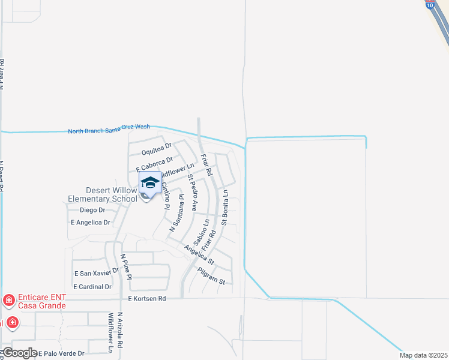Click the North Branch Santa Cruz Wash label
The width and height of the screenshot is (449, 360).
[x=109, y=130]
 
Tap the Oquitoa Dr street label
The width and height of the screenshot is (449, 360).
[x=157, y=146]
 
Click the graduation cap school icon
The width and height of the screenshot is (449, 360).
[x=149, y=183]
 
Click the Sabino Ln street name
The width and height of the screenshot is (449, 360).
[x=206, y=230]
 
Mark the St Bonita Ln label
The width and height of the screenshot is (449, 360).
[x=225, y=208]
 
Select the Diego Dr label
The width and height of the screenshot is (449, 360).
[x=92, y=210]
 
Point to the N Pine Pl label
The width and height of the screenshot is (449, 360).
[x=125, y=265]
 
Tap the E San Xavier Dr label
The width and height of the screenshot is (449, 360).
[x=97, y=273]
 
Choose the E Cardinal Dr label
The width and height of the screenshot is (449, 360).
[x=92, y=287]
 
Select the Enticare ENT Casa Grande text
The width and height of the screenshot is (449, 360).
[x=42, y=301]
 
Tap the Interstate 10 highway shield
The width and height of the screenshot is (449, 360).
[x=430, y=4]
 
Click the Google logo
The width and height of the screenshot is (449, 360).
[x=19, y=353]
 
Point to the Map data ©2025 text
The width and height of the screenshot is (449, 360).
[x=423, y=355]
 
